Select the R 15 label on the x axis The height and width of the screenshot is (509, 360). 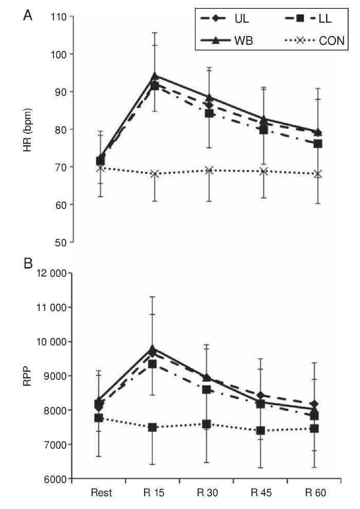(x=154, y=493)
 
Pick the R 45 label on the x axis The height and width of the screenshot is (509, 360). (x=261, y=493)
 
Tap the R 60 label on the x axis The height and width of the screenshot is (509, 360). (x=315, y=493)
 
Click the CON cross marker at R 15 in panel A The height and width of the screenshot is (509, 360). (x=154, y=173)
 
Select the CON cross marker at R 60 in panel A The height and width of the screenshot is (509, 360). (x=318, y=174)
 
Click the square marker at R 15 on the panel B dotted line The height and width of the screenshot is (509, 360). (x=154, y=427)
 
